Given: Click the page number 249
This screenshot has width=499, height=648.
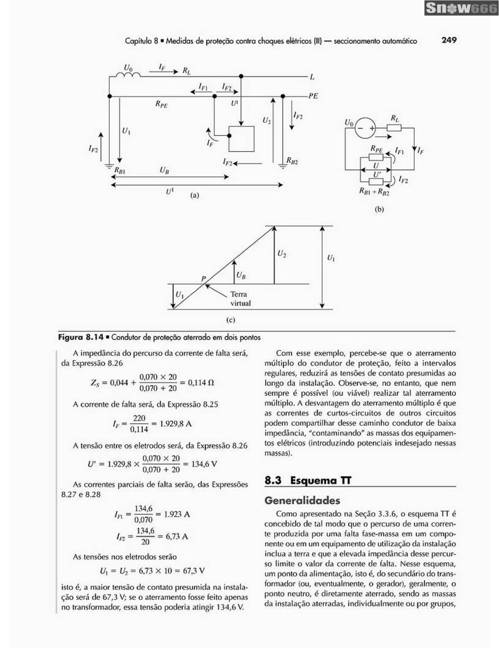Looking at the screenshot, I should pos(449,40).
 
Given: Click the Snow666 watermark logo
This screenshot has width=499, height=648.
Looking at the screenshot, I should pos(461,8).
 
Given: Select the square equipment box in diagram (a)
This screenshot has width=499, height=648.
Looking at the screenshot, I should pos(241,139).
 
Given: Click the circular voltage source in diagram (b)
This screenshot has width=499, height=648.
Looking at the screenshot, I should pos(365,128).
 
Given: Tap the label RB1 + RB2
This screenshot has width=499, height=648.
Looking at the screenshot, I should pos(374,192).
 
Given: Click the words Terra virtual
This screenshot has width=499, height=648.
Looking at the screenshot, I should pos(240,299).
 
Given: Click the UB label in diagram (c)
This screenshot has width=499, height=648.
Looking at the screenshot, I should pos(241,276).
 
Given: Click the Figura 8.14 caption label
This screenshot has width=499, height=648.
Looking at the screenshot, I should pos(80,337).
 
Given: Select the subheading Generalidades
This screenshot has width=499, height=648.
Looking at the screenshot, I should pos(302,501).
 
